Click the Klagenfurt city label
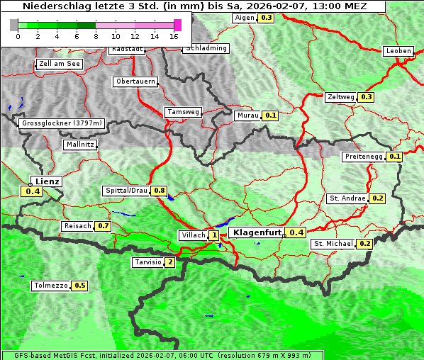pos(257,232)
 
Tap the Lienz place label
pos(47,181)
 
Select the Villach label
pos(193,235)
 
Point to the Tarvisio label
pos(147,262)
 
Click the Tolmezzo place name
pos(51,286)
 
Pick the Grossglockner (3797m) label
pos(62,123)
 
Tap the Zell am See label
pos(60,64)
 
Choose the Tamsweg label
pos(183,112)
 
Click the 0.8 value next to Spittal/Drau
pos(159,191)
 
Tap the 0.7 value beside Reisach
pos(104,226)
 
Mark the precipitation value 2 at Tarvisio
pos(169,262)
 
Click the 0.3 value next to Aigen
pos(266,17)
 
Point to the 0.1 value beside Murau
pos(270,115)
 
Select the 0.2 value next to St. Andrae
pos(377,198)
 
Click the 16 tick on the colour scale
pos(174,36)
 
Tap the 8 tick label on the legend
pos(96,36)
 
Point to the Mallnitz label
pos(80,145)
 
